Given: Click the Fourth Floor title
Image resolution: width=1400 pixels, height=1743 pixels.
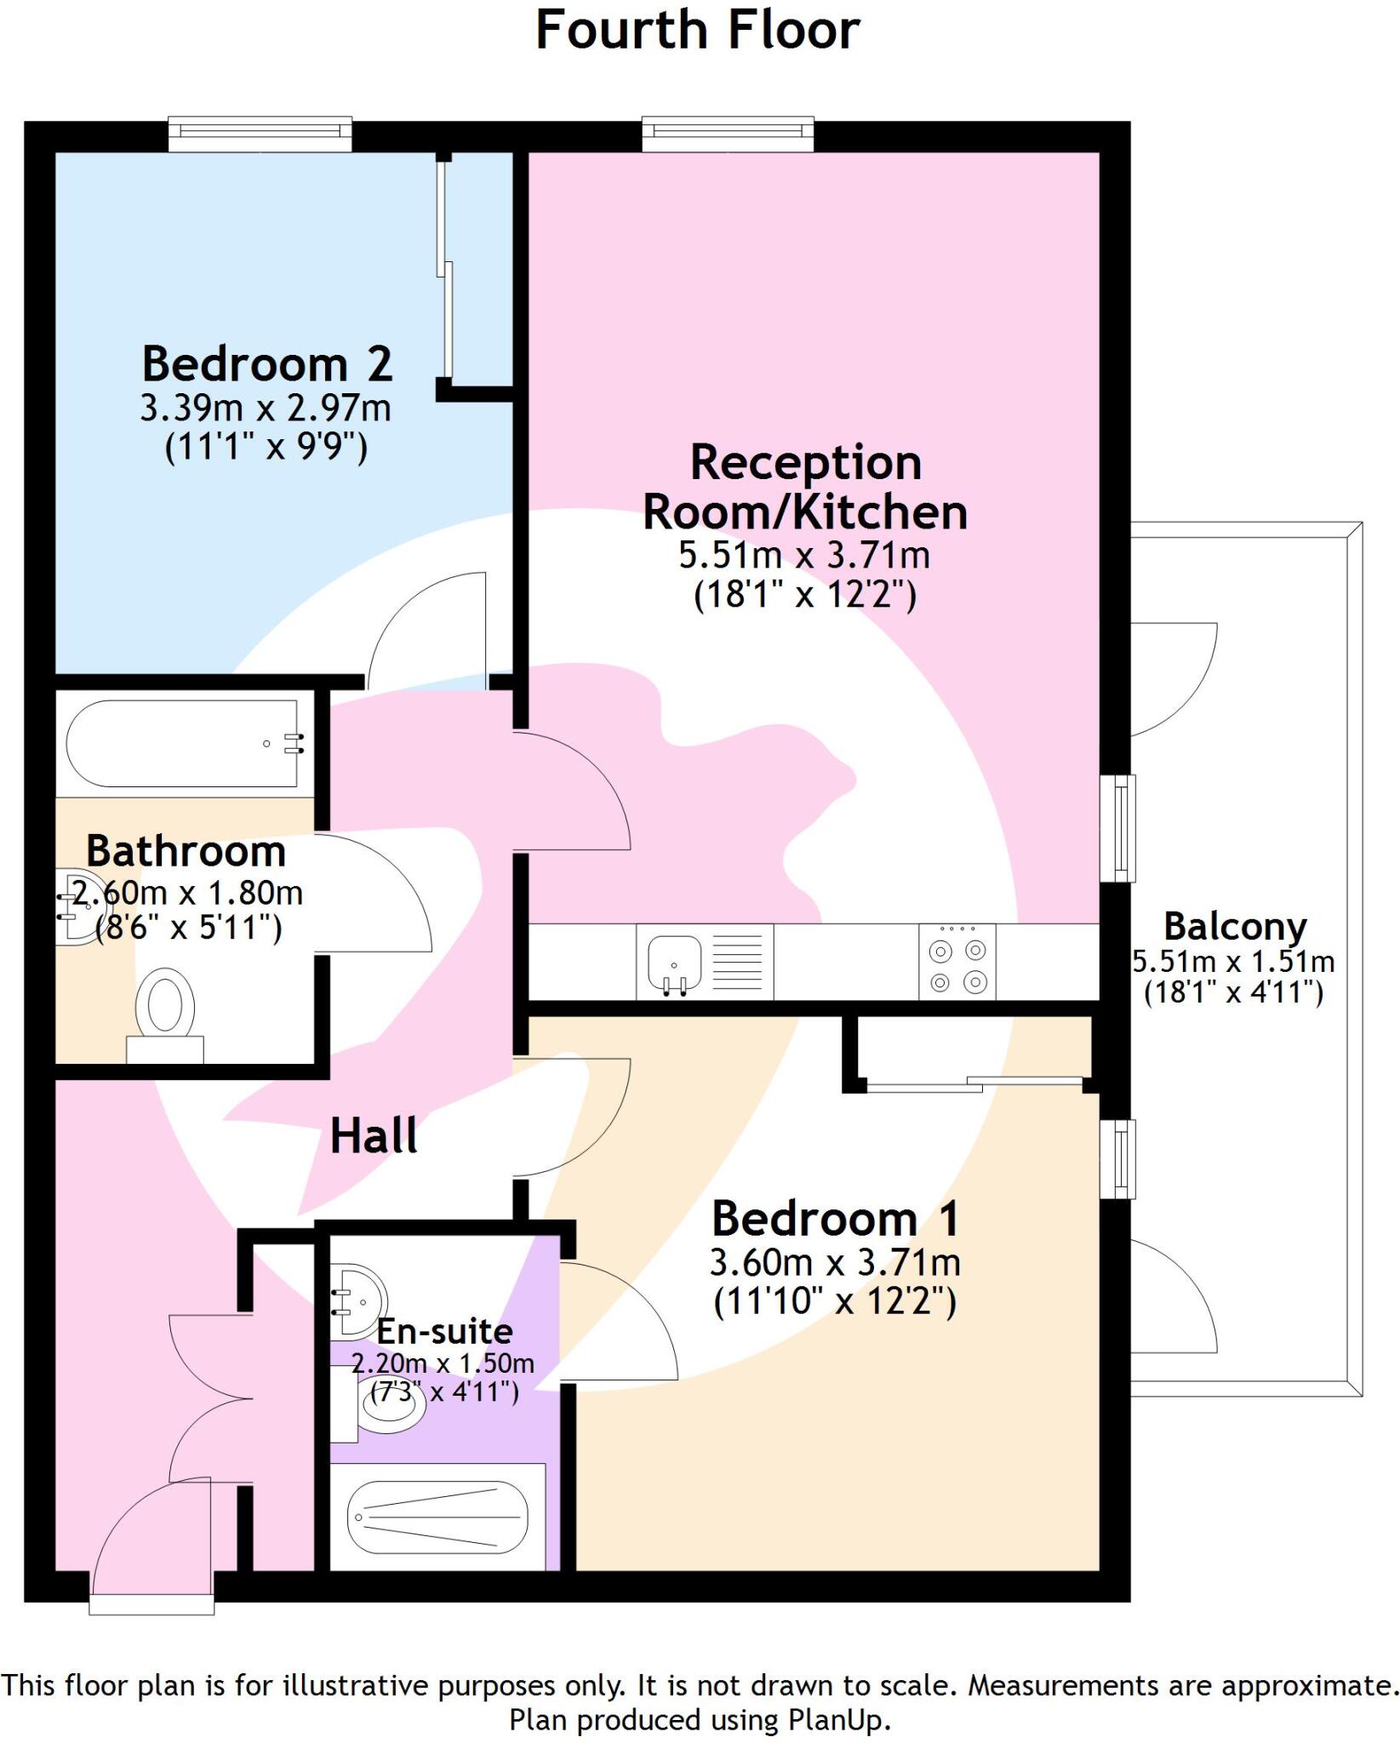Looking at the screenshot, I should [697, 31].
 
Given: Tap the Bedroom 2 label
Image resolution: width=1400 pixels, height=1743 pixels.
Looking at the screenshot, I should [266, 364].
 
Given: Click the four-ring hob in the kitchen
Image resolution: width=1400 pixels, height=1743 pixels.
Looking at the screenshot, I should [957, 962].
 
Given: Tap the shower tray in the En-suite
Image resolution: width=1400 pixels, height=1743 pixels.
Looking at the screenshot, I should [437, 1517].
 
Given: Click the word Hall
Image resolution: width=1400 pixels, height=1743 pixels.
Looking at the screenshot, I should [374, 1136].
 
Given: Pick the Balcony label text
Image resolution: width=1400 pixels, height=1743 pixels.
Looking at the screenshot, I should [1235, 927].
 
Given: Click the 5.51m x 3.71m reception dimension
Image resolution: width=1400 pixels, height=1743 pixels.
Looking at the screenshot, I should [803, 556].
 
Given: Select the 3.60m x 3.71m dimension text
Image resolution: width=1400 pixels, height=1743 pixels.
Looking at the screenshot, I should [835, 1263].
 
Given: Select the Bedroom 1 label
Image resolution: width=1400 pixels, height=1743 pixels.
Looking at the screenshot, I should [835, 1219].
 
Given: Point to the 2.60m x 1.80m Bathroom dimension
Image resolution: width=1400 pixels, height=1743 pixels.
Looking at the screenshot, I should [187, 894].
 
